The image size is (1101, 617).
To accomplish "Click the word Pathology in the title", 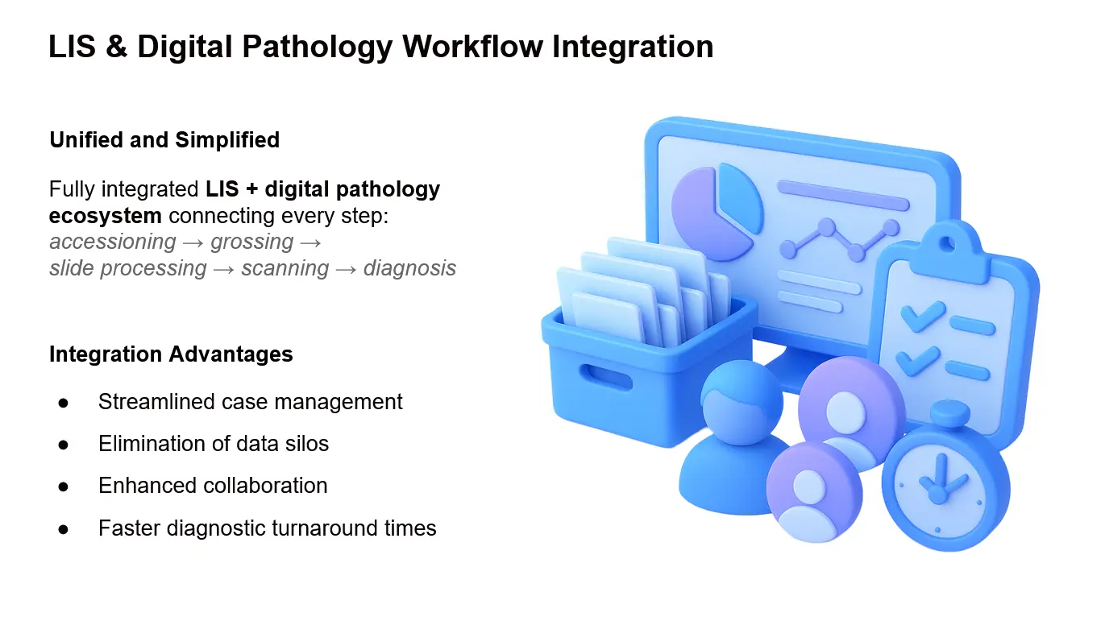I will point(308,47).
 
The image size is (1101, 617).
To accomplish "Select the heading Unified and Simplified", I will point(164,139).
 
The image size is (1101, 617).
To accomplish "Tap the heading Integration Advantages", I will point(171,354).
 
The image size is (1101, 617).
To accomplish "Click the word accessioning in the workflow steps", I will point(113,242).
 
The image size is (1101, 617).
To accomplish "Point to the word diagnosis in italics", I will point(409,268).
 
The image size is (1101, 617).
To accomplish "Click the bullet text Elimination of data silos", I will point(214,443).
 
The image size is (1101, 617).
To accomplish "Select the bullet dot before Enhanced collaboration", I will point(63,487).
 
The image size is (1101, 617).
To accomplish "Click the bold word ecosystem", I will point(105,216).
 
